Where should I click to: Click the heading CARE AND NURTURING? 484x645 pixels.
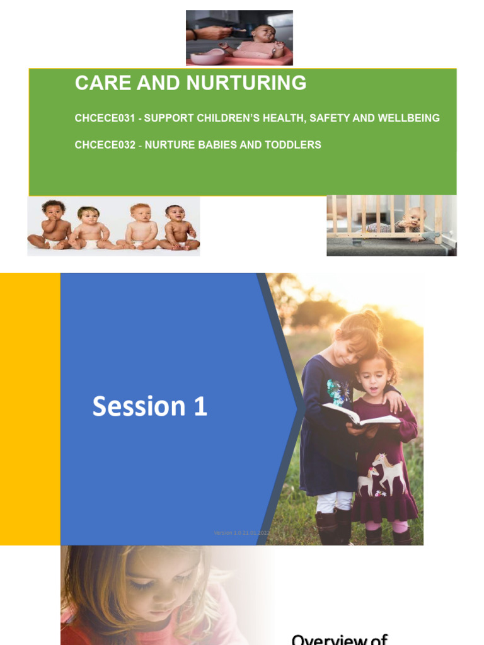[x=190, y=83]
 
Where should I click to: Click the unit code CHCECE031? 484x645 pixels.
[x=105, y=118]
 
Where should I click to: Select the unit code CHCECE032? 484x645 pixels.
[x=105, y=145]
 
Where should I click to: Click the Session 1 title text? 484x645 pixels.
[x=150, y=407]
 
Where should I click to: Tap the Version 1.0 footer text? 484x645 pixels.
[x=242, y=533]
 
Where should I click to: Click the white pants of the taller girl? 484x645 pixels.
[x=327, y=501]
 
